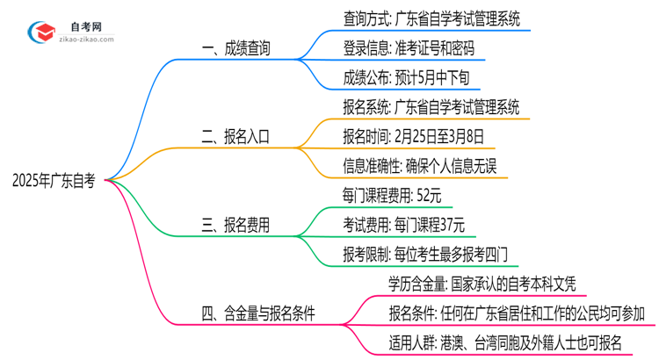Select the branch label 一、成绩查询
tap(235, 48)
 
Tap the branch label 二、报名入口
tap(235, 137)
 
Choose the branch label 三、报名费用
tap(235, 226)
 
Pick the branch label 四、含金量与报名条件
tap(258, 313)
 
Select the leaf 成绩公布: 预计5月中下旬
tap(407, 77)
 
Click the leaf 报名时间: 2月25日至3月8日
tap(414, 137)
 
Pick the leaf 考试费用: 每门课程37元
tap(403, 226)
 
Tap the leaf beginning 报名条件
tap(517, 313)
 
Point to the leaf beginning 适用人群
tap(504, 342)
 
